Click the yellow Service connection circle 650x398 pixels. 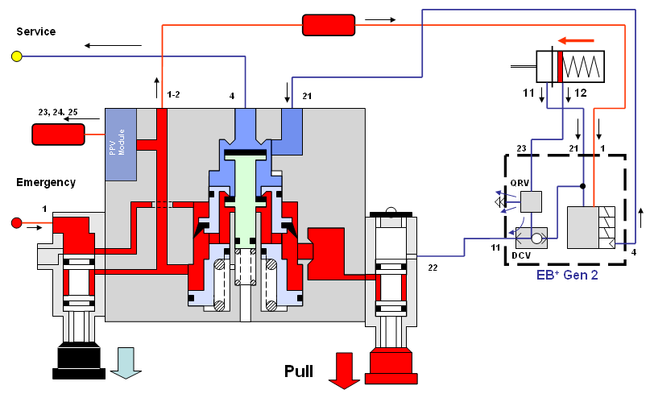tap(16, 56)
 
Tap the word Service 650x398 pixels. tap(36, 31)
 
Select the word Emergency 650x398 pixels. tap(46, 182)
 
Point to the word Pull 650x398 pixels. tap(298, 371)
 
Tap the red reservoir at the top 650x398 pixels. tap(329, 25)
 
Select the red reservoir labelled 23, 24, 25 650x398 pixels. tap(58, 135)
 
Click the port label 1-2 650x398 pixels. tap(173, 95)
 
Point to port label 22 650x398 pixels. tap(433, 267)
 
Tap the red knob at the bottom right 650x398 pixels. tap(390, 365)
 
